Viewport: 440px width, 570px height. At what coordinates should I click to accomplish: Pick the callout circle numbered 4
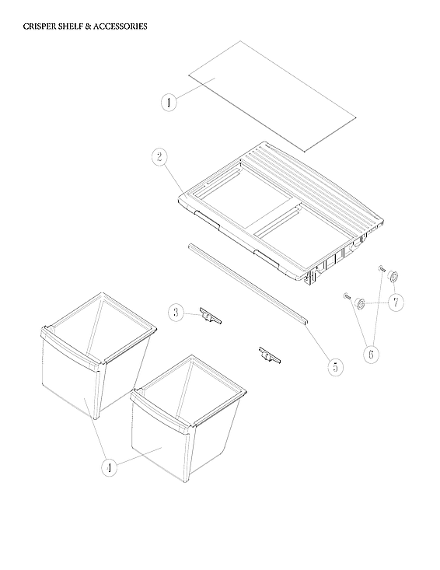click(110, 467)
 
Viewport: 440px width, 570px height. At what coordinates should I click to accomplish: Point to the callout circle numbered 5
click(334, 366)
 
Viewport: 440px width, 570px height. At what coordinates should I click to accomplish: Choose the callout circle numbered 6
click(371, 354)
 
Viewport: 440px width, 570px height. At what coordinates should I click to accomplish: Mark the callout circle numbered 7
click(396, 302)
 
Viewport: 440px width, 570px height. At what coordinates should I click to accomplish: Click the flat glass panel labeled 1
click(272, 93)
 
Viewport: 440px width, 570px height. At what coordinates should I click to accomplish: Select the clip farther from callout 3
click(269, 356)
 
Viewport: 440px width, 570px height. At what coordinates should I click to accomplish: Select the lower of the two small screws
click(346, 296)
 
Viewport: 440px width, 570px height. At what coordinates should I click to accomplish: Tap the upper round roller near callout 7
click(393, 276)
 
